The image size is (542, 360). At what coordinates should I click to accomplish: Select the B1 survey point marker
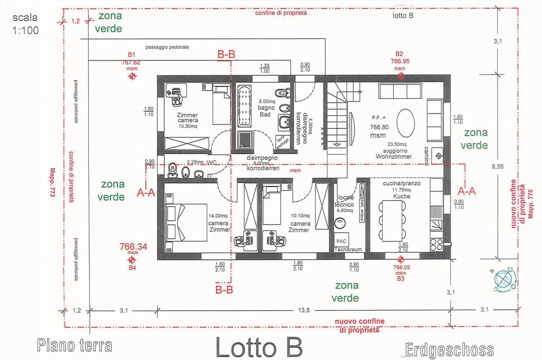132,76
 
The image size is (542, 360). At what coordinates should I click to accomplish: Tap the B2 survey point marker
401,76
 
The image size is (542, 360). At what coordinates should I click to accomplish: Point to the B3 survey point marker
400,259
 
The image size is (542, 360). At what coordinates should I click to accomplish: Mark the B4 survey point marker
132,260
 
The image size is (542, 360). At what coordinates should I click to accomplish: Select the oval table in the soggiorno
405,123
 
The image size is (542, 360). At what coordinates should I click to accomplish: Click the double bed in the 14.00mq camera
186,222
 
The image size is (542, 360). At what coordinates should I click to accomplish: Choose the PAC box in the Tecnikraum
341,241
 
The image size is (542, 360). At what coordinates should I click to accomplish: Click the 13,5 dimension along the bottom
304,310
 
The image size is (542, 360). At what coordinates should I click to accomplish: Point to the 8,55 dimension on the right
497,166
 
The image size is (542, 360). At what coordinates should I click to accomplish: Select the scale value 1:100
26,30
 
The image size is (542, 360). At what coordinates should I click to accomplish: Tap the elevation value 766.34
133,247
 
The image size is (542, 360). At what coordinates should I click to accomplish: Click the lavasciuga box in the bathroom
282,142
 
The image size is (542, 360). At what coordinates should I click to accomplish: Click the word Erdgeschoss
449,350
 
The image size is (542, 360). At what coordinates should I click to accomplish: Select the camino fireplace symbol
438,156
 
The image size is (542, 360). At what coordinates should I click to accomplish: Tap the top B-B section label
226,55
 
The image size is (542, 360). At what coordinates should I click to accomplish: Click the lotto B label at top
403,15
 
